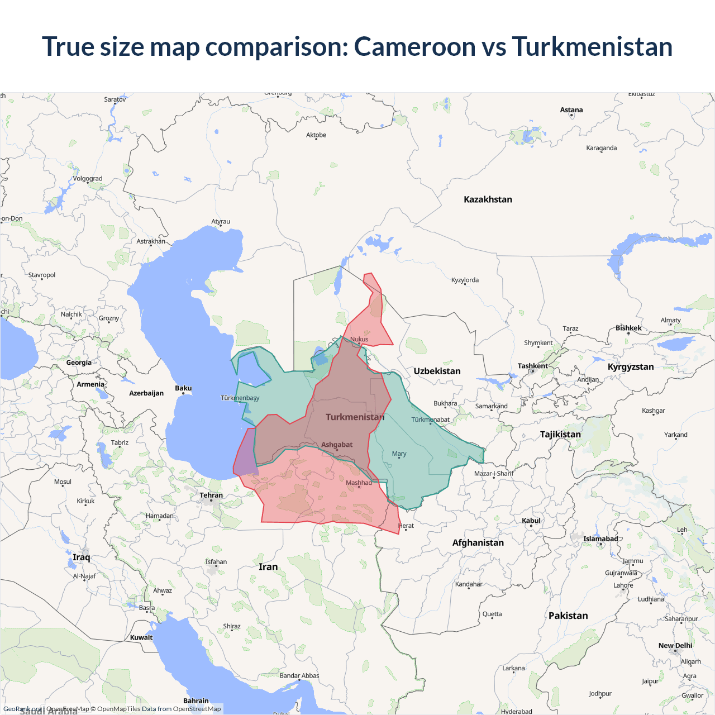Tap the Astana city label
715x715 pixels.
[571, 110]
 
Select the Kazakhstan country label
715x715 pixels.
[488, 199]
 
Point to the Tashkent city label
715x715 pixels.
[532, 366]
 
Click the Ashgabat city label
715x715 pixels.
[337, 445]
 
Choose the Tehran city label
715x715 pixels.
[211, 495]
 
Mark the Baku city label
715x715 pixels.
[183, 388]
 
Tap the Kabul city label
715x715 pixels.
[531, 521]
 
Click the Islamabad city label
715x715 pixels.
[600, 539]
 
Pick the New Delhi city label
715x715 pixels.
[675, 646]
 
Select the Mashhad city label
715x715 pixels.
[359, 483]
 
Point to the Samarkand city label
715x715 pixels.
[492, 406]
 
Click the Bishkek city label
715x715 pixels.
[628, 328]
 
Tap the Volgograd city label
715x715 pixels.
[88, 179]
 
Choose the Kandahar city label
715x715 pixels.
[469, 584]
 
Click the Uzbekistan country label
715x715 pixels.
[437, 371]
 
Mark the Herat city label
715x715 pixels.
[406, 526]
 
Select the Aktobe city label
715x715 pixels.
[316, 135]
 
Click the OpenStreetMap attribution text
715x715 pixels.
[197, 709]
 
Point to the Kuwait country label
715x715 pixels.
[141, 637]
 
